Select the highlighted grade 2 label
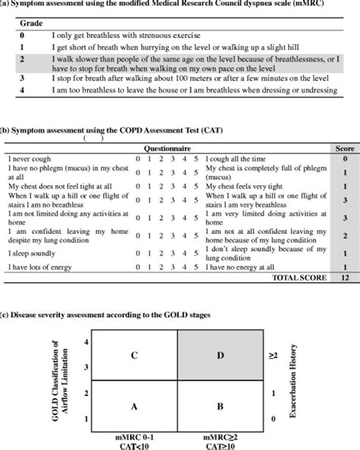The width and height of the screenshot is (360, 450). click(24, 58)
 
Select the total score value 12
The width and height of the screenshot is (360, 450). click(344, 278)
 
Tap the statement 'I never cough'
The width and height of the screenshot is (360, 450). click(30, 158)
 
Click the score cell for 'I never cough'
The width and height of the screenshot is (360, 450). click(344, 158)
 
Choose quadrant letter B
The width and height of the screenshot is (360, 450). click(219, 407)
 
